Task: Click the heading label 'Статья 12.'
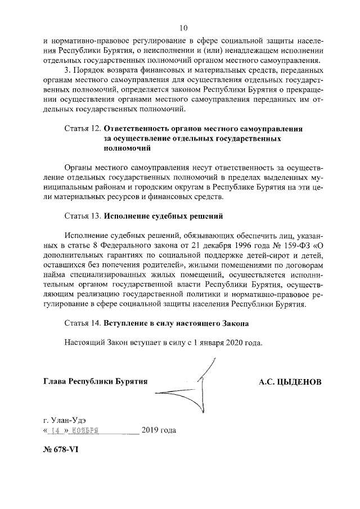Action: pyautogui.click(x=83, y=129)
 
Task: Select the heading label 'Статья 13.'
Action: pyautogui.click(x=83, y=215)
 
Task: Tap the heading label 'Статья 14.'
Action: pyautogui.click(x=83, y=323)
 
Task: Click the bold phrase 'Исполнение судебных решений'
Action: pyautogui.click(x=164, y=215)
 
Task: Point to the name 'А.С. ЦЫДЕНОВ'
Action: pyautogui.click(x=290, y=382)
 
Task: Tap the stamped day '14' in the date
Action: pyautogui.click(x=55, y=430)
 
